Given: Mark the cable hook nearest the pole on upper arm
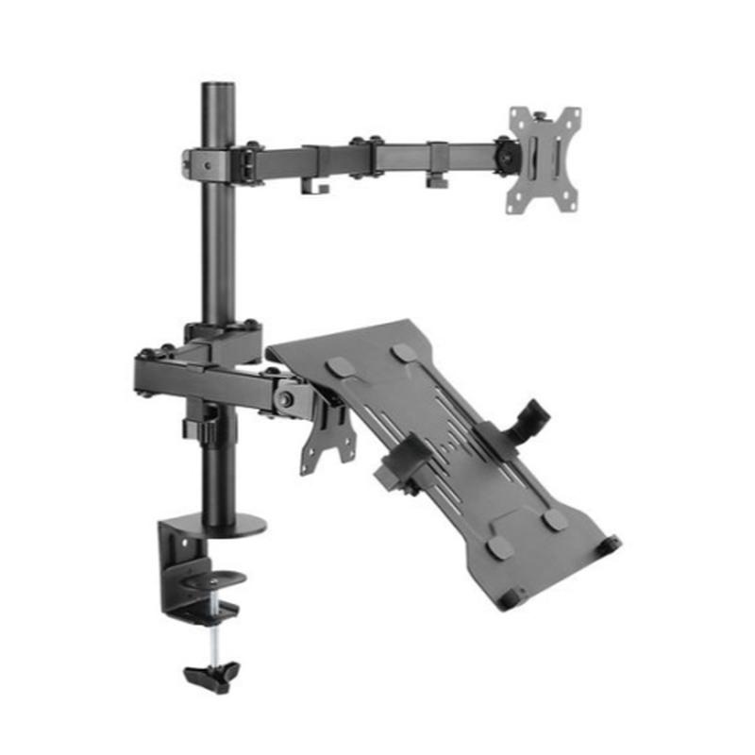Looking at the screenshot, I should [x=314, y=185].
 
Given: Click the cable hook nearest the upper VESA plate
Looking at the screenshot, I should [x=435, y=177].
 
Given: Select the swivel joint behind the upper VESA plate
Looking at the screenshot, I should [x=506, y=154].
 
